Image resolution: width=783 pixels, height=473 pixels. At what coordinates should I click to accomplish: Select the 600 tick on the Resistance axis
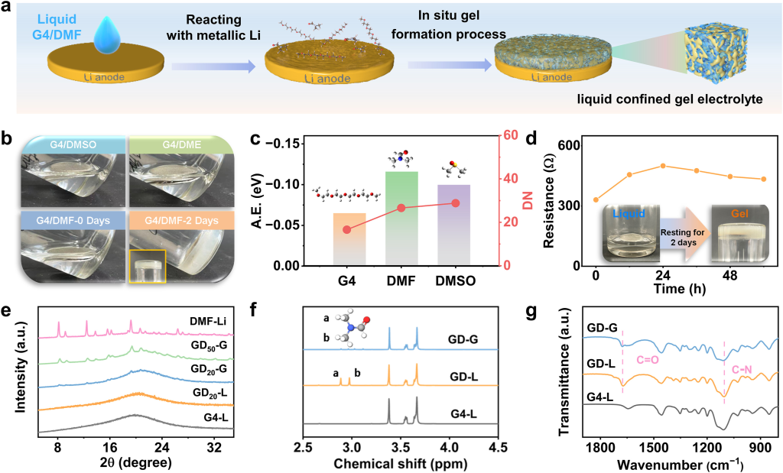[x=570, y=145]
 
